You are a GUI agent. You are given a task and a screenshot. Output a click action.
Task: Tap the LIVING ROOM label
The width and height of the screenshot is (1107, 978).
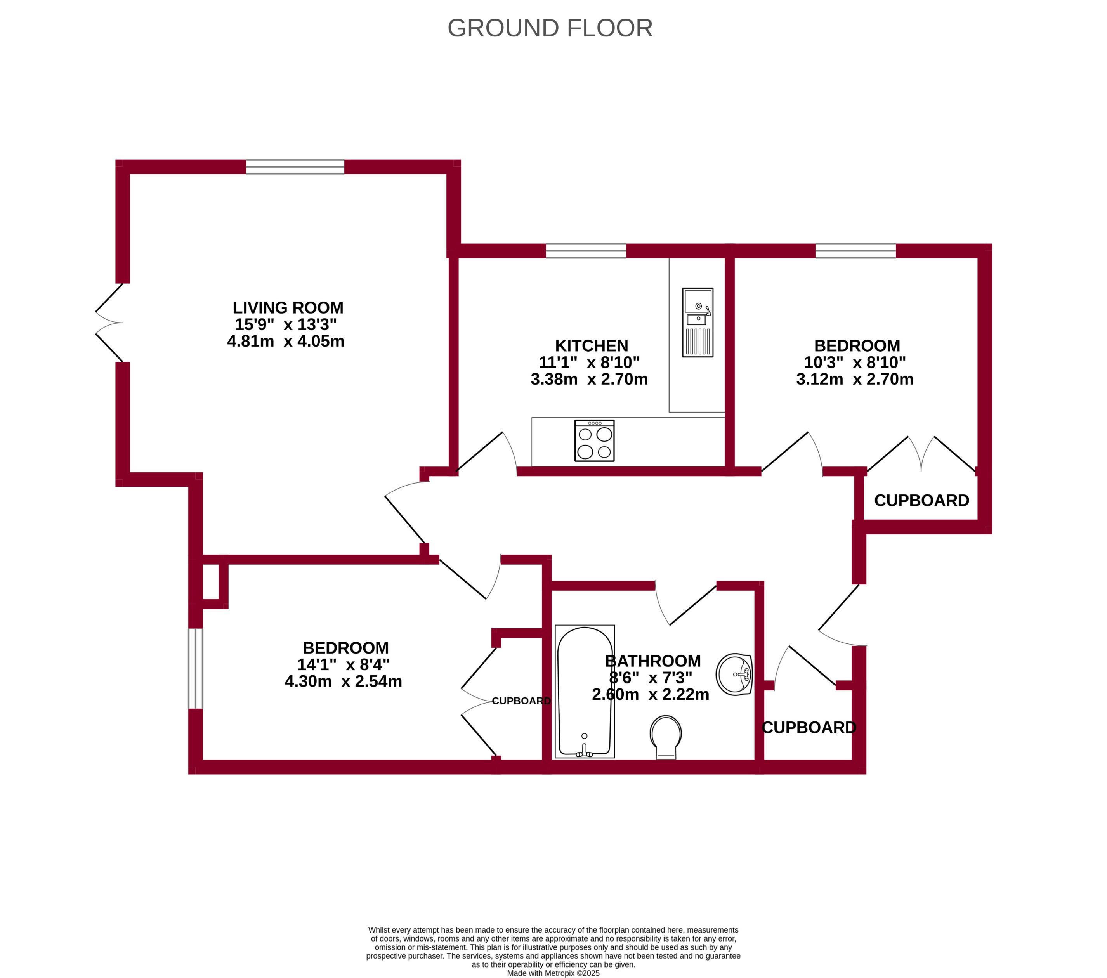coord(288,308)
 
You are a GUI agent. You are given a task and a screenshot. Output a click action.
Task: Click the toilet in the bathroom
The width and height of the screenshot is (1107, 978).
coord(666,737)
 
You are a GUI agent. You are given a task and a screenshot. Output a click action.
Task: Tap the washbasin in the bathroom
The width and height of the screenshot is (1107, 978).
coord(734,674)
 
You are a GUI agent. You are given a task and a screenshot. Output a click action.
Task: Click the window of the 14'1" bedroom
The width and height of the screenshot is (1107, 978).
coord(196,668)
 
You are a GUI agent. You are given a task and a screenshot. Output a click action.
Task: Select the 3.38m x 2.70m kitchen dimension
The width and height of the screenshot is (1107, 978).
coord(589,379)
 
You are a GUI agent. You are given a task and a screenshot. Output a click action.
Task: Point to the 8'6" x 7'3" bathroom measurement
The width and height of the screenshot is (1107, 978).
coord(651,678)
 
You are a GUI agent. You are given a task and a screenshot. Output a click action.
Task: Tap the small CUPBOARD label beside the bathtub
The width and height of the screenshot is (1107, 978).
coord(521,701)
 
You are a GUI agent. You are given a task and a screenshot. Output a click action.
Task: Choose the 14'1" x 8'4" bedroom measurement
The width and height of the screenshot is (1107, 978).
coord(344,664)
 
